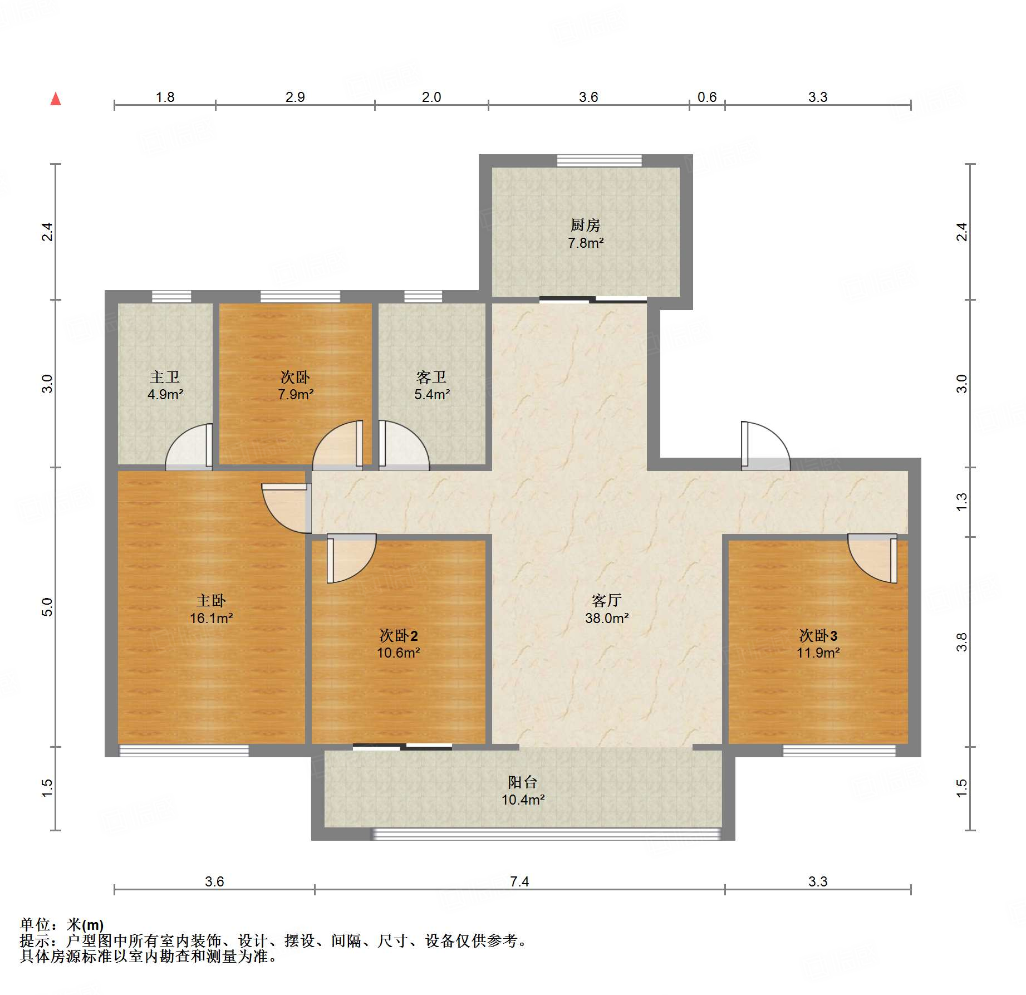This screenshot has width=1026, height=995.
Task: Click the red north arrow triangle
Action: click(x=56, y=99)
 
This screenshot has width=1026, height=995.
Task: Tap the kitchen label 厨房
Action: click(x=585, y=225)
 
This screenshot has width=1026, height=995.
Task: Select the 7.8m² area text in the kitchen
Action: click(x=585, y=243)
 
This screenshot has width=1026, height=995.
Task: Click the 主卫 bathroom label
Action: click(x=165, y=377)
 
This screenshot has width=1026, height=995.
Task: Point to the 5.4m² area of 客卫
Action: click(x=431, y=394)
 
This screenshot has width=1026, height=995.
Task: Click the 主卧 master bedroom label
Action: click(x=210, y=600)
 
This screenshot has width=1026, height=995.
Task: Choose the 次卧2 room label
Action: click(x=398, y=635)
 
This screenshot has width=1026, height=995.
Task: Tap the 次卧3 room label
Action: click(x=818, y=635)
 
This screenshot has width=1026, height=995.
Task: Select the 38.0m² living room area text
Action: click(x=606, y=618)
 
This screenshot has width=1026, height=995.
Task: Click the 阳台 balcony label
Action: click(x=522, y=782)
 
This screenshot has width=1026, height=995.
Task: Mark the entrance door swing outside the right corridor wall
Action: click(x=765, y=445)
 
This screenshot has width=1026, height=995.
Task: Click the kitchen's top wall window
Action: click(x=599, y=160)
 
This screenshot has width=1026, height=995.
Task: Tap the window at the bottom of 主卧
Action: click(x=184, y=751)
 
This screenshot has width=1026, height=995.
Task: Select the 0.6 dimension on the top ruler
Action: click(x=706, y=97)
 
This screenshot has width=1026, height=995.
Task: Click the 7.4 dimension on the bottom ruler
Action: click(x=519, y=881)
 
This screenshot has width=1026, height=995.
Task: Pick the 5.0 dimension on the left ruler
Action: click(x=47, y=606)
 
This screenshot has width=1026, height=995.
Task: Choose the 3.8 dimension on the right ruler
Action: click(x=961, y=641)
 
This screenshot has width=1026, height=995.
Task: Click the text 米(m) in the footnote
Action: click(x=85, y=925)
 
